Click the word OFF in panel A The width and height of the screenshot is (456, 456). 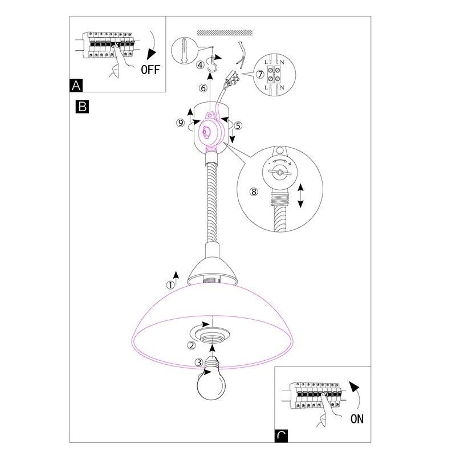(x=150, y=70)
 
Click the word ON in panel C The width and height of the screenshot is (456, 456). (x=357, y=420)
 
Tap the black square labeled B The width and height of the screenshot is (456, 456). (x=82, y=106)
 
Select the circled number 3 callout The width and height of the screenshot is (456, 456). (x=198, y=362)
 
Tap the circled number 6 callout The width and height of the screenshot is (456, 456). (x=202, y=88)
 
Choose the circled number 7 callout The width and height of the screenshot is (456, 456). (x=259, y=74)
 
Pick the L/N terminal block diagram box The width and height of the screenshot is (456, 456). (x=275, y=72)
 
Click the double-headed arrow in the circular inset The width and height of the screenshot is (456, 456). (x=300, y=195)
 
